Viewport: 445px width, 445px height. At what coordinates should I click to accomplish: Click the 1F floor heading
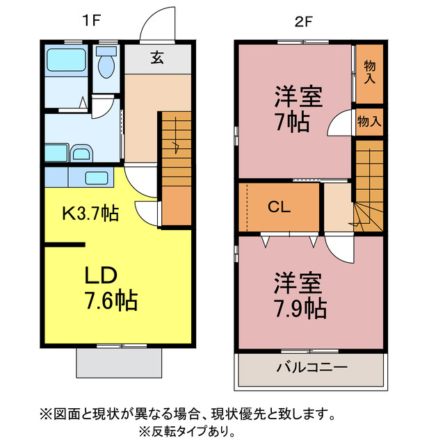point(91,21)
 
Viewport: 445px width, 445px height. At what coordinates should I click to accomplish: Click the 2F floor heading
point(302,21)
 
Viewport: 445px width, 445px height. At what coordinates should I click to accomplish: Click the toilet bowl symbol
point(106,67)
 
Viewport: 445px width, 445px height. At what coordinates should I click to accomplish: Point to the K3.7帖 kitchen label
point(90,213)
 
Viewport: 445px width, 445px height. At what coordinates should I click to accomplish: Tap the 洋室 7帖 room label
point(297,110)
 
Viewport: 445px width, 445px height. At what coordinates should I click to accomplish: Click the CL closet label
point(280,207)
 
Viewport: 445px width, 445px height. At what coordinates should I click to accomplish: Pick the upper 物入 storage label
point(369,73)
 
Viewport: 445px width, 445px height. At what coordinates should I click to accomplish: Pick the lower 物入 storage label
point(369,121)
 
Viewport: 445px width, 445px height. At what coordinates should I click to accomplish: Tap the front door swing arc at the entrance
point(157,25)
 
